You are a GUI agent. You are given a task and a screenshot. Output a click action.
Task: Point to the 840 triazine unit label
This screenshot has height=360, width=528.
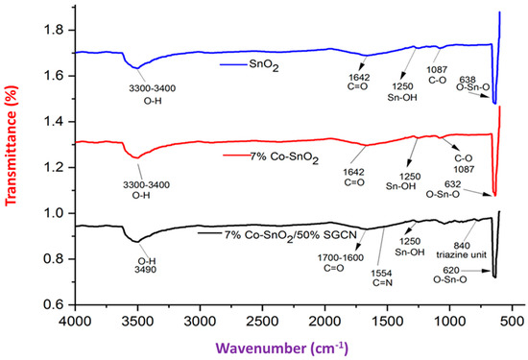(451, 250)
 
